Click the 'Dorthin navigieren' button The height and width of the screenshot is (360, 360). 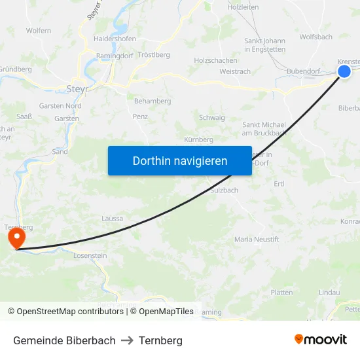180,160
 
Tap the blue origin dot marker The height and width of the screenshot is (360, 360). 344,71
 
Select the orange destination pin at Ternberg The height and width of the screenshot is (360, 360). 14,238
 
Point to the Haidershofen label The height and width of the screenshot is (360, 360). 115,39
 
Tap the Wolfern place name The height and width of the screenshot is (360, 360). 39,31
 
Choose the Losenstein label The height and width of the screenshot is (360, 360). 90,256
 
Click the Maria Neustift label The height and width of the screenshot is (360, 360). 257,240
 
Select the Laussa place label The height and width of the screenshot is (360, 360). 112,219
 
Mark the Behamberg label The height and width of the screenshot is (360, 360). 153,101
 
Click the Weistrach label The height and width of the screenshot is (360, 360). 236,71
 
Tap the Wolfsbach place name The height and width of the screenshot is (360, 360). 315,37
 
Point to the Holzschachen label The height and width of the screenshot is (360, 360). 215,60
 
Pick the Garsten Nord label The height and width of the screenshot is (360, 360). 60,105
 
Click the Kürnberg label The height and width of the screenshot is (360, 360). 199,139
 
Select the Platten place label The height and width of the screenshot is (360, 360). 281,293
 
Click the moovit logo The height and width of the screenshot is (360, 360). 321,340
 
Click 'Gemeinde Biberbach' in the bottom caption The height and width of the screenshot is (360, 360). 64,340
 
